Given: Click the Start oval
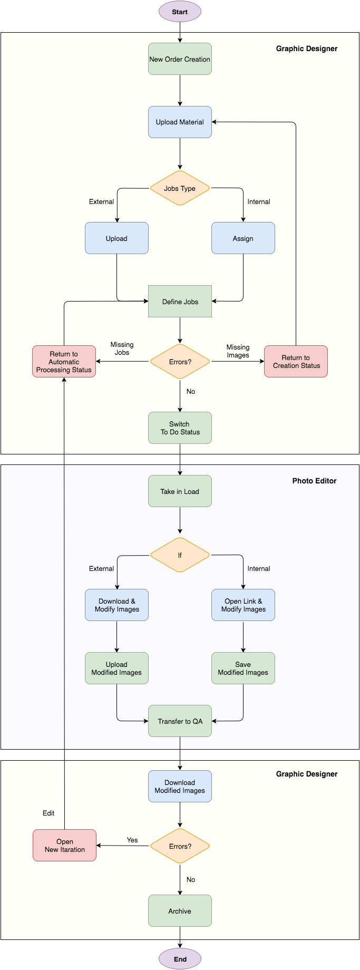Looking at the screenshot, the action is tap(180, 12).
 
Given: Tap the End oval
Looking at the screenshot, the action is tap(180, 959).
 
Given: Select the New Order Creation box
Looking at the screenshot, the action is tap(180, 59).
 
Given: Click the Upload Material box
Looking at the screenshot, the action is tap(180, 122).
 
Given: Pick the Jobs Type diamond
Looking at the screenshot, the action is tap(180, 188).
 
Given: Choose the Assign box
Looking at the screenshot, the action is tap(243, 238).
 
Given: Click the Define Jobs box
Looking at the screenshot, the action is tap(180, 302).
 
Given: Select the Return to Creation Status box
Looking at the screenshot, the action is tap(296, 362).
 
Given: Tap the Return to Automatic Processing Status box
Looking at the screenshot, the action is tap(64, 362).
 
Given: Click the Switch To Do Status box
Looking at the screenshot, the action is tap(180, 428).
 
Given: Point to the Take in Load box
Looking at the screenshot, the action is tap(180, 491).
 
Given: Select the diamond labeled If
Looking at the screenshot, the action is tap(180, 555).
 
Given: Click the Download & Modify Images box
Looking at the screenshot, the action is tap(116, 605).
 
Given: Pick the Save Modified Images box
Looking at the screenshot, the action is tap(243, 668).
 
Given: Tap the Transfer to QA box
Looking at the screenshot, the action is tap(180, 721).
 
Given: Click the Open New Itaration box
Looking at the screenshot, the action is tap(64, 846).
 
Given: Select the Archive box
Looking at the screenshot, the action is tap(180, 911).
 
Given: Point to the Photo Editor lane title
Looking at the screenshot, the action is tap(314, 481).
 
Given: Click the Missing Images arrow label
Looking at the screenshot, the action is tap(238, 351).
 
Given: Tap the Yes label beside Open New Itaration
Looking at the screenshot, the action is tap(132, 840).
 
